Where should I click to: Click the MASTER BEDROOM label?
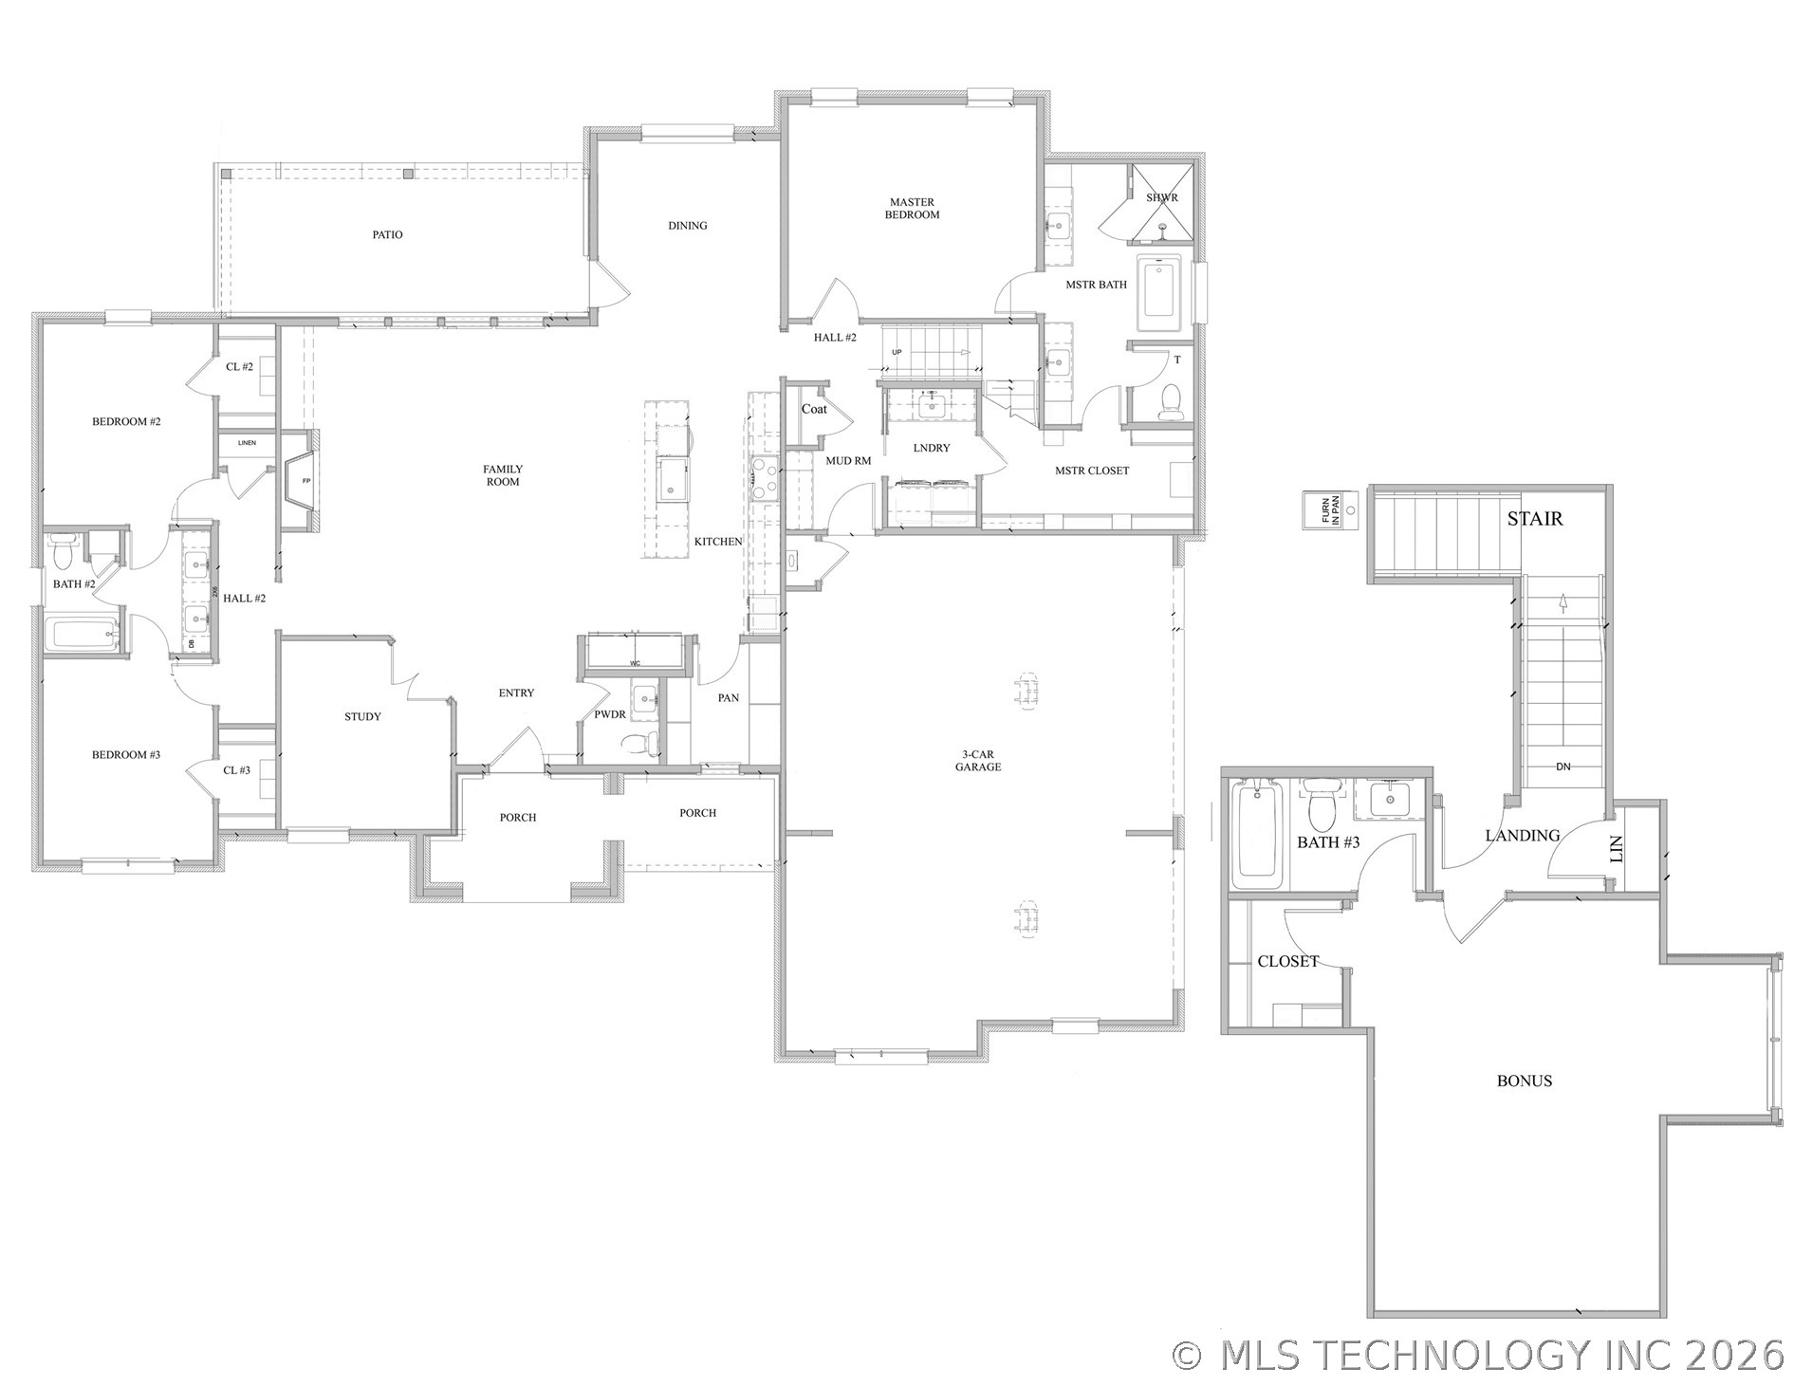pyautogui.click(x=912, y=209)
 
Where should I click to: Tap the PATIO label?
pyautogui.click(x=387, y=234)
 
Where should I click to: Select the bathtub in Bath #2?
pyautogui.click(x=82, y=634)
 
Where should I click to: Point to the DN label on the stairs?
pyautogui.click(x=1563, y=767)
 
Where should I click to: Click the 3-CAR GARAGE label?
pyautogui.click(x=977, y=761)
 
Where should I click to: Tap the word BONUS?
pyautogui.click(x=1524, y=1081)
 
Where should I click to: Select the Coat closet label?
pyautogui.click(x=814, y=409)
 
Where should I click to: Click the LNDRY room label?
pyautogui.click(x=931, y=448)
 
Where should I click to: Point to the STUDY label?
pyautogui.click(x=362, y=716)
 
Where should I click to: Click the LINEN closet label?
pyautogui.click(x=247, y=443)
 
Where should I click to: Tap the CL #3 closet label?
pyautogui.click(x=236, y=770)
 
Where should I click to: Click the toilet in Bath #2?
pyautogui.click(x=64, y=549)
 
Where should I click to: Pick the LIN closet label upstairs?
pyautogui.click(x=1617, y=848)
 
